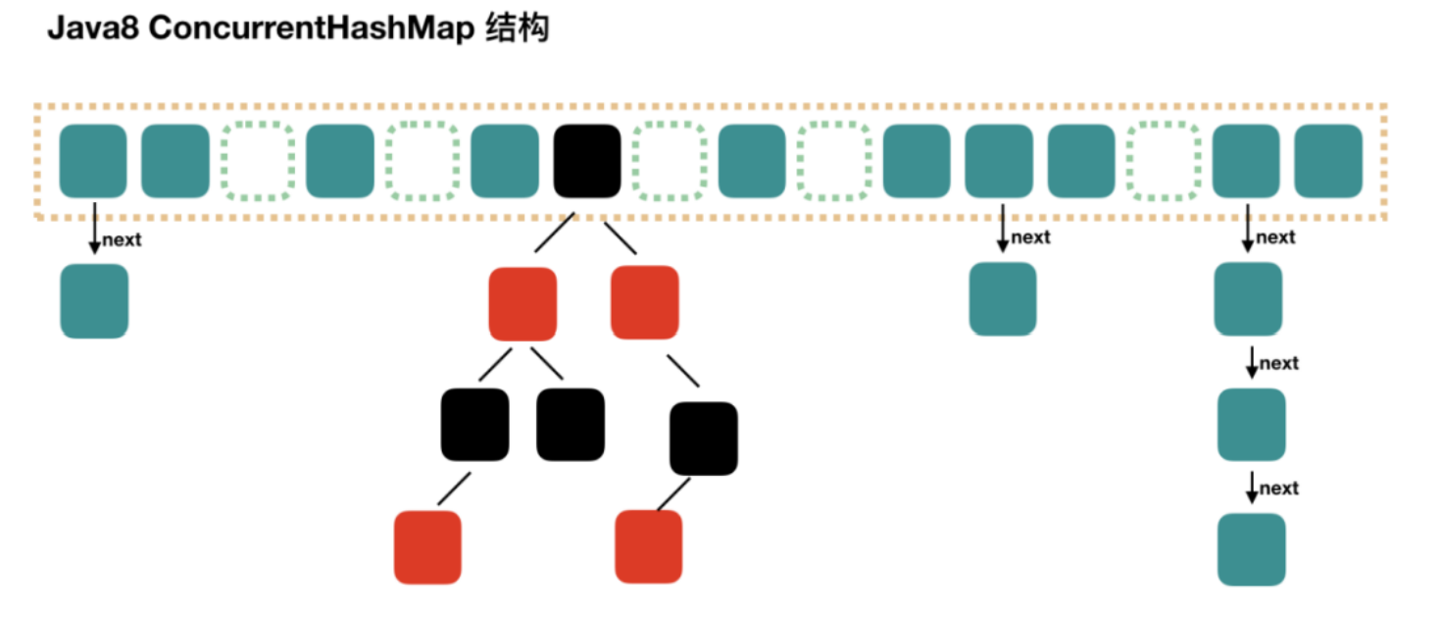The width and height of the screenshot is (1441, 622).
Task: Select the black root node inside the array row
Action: click(x=587, y=161)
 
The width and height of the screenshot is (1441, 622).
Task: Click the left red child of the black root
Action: click(x=522, y=303)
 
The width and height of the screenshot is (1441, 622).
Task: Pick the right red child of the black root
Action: click(x=644, y=302)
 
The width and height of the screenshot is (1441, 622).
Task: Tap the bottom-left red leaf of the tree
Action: click(x=427, y=547)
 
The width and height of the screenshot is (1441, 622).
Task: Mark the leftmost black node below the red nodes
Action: click(x=475, y=425)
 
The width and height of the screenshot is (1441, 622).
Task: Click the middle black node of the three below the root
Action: click(x=571, y=425)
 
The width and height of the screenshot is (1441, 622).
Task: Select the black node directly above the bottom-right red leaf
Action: click(x=704, y=439)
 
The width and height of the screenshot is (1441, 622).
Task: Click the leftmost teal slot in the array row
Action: click(x=93, y=161)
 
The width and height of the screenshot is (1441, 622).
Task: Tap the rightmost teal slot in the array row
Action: click(x=1328, y=161)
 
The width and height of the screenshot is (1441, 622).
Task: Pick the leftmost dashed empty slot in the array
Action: click(x=258, y=161)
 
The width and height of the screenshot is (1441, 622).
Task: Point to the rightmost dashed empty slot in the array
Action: click(x=1164, y=161)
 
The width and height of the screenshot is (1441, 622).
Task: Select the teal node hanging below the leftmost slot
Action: click(x=94, y=301)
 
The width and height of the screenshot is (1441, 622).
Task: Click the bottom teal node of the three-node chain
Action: click(x=1251, y=549)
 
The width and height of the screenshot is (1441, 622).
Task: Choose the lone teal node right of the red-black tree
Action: click(x=1002, y=299)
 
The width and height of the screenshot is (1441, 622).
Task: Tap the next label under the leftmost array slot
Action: click(x=122, y=240)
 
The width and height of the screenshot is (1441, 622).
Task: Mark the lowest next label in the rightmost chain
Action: click(x=1278, y=489)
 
